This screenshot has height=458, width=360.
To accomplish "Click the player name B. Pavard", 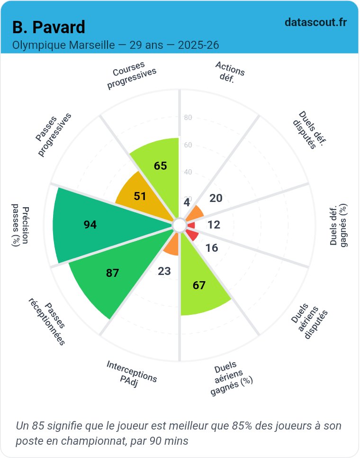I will click(x=49, y=27).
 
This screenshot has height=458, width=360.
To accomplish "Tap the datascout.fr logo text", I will click(x=316, y=22).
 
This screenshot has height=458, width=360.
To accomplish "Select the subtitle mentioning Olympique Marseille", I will click(x=116, y=46).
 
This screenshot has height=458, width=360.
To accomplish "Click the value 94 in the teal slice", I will click(x=90, y=225).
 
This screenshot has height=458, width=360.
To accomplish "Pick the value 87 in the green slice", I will click(x=112, y=273).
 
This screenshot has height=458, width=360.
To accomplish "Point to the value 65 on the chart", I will click(x=161, y=166).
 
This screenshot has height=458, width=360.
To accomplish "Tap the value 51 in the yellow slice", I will click(x=140, y=196).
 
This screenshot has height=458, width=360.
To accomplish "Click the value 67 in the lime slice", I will click(x=199, y=285).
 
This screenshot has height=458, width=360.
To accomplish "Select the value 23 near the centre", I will click(x=164, y=271).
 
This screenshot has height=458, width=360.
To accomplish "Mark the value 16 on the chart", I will click(x=212, y=248).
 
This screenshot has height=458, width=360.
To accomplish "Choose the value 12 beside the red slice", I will click(x=214, y=225).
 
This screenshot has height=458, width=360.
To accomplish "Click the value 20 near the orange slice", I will click(x=216, y=198).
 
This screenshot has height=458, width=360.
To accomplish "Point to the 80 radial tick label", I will click(x=188, y=118).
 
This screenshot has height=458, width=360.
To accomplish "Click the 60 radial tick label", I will click(x=188, y=145).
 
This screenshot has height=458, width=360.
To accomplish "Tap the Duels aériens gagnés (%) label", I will click(x=231, y=379).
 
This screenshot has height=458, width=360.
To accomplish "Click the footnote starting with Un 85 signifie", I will click(x=179, y=433).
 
